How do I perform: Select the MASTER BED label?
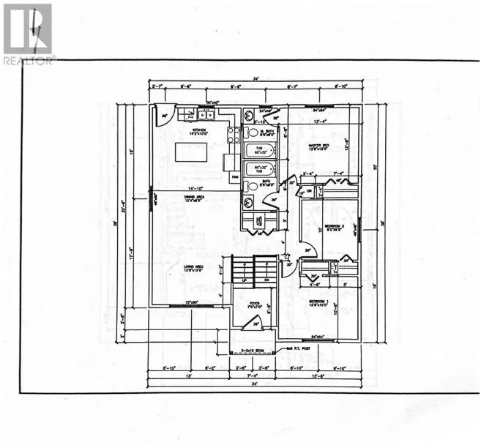[318, 146]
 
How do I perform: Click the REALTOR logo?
[28, 34]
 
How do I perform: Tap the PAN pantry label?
[235, 177]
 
